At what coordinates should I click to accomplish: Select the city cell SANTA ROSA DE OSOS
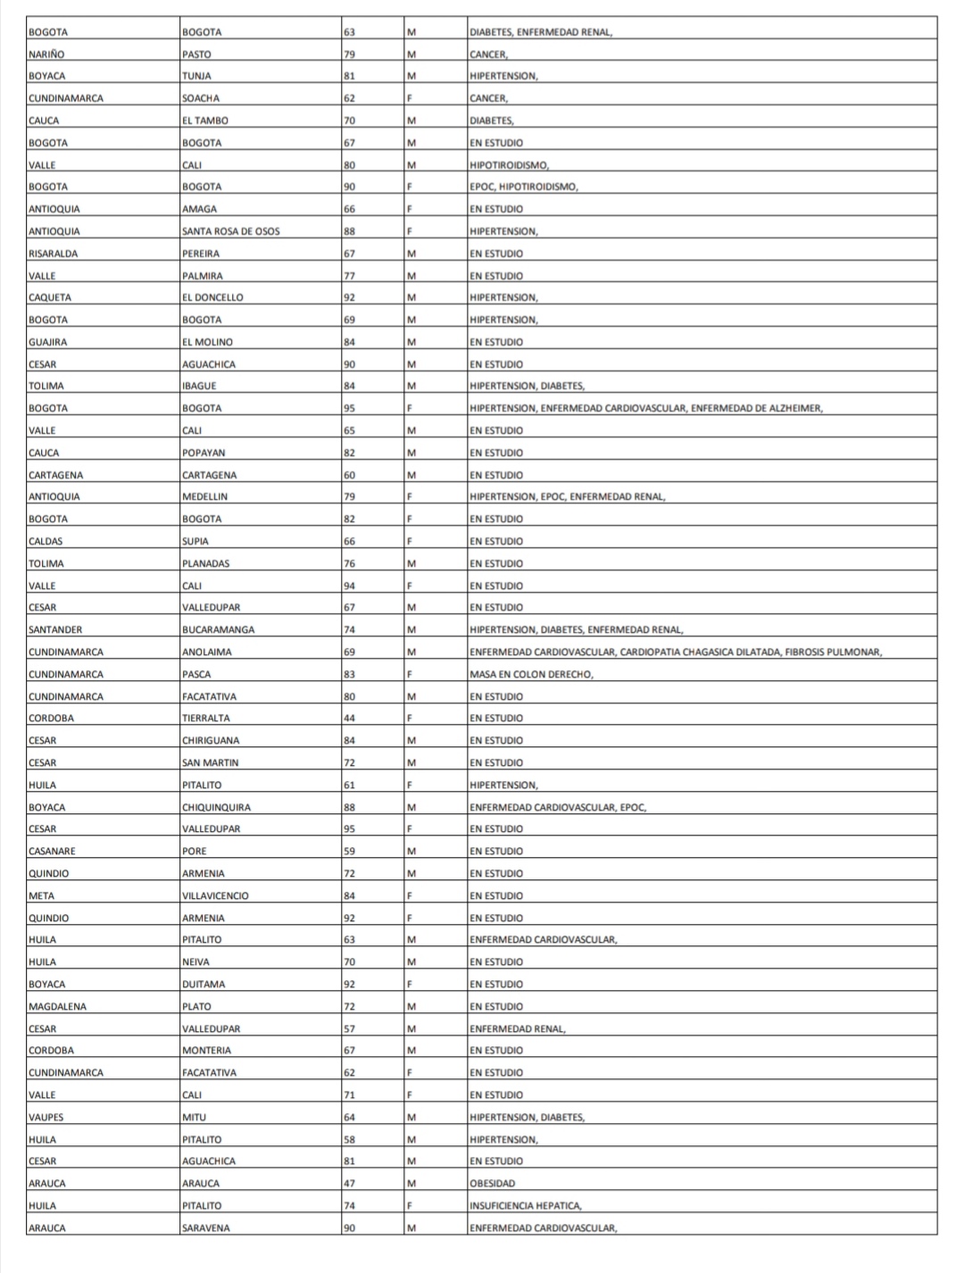[230, 231]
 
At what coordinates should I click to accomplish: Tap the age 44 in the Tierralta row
[349, 719]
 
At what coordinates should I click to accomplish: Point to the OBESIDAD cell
[493, 1184]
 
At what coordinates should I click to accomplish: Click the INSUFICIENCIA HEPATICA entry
[526, 1206]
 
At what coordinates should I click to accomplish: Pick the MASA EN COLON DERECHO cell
[531, 674]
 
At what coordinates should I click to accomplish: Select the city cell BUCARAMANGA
[218, 630]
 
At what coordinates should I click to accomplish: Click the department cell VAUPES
[46, 1117]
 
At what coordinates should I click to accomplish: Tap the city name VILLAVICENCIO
[215, 895]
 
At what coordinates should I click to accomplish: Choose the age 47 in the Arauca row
[349, 1184]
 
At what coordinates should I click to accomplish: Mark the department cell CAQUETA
[50, 297]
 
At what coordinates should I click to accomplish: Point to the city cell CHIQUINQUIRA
[216, 807]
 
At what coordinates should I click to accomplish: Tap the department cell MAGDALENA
[56, 1006]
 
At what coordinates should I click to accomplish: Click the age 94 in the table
[349, 586]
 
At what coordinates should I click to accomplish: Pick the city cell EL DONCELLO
[212, 297]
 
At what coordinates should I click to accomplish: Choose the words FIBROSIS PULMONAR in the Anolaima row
[833, 653]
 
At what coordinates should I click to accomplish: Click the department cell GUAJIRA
[47, 342]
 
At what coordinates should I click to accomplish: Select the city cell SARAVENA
[205, 1228]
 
